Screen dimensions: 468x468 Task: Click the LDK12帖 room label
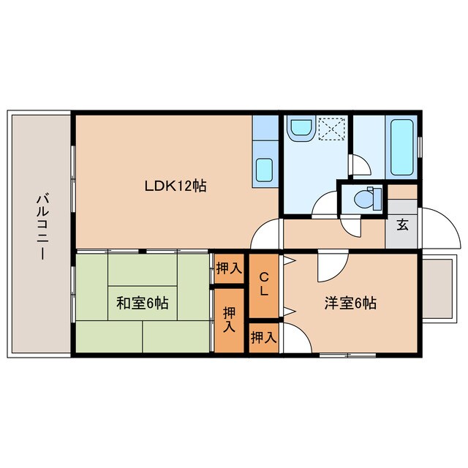click(175, 186)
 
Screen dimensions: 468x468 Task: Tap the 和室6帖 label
click(143, 303)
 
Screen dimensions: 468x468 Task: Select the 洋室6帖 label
click(351, 303)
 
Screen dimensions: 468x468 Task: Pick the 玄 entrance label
click(402, 225)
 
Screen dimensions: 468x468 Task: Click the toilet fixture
click(363, 198)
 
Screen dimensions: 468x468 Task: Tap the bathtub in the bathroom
click(403, 147)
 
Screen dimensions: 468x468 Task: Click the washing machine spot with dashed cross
click(333, 129)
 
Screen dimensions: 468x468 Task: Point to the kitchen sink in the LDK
click(264, 170)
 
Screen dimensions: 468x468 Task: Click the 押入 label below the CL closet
click(263, 338)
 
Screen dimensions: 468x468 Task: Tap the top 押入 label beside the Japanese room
click(229, 268)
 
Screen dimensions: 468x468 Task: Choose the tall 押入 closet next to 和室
click(230, 320)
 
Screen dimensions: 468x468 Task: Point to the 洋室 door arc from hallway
click(328, 268)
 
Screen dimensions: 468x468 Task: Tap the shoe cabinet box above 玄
click(401, 192)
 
